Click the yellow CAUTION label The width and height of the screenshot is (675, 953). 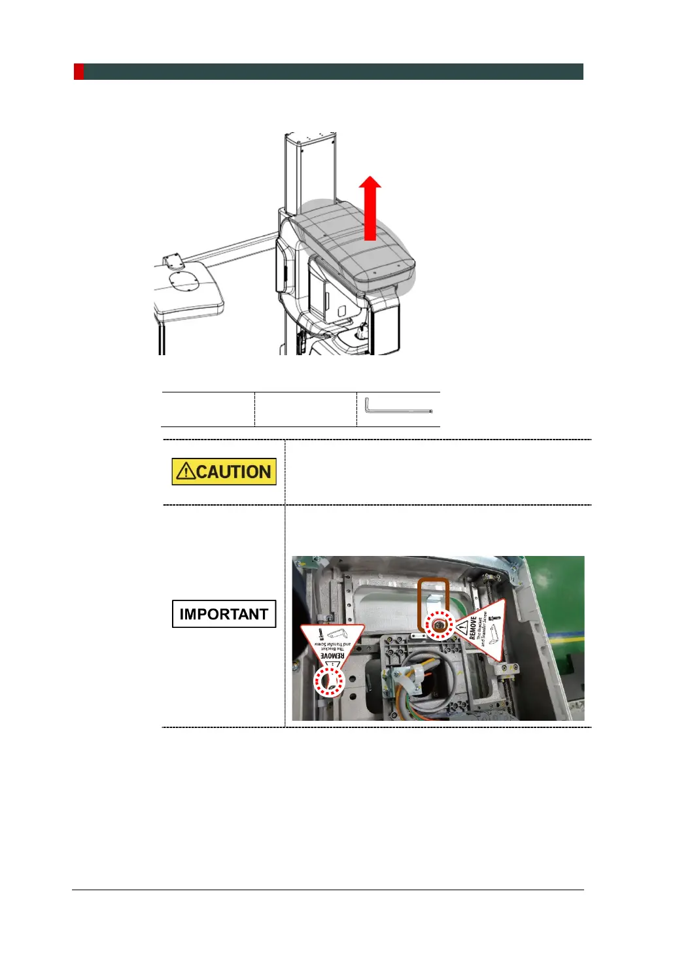point(224,472)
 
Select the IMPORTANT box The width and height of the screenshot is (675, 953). point(224,614)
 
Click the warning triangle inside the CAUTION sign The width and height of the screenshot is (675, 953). point(186,472)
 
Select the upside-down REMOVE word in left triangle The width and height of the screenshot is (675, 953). point(333,655)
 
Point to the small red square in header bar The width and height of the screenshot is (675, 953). point(78,71)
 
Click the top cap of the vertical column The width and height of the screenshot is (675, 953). point(310,137)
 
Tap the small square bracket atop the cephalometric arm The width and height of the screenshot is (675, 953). point(173,262)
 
